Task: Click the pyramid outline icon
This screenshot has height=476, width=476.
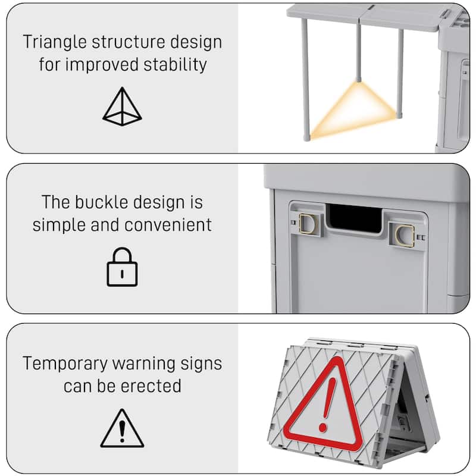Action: click(122, 107)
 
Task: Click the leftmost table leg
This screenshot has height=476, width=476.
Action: click(305, 77)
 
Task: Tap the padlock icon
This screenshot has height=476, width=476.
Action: click(122, 267)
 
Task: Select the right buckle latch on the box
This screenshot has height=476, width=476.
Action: click(403, 234)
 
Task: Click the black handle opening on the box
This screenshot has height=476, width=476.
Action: click(355, 218)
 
